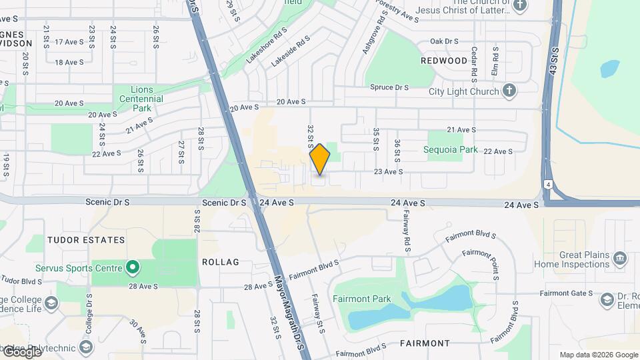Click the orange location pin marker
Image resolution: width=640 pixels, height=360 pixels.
(x=320, y=159)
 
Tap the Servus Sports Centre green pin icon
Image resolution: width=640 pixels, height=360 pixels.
(x=133, y=268)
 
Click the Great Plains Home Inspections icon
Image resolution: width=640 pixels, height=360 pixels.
(x=620, y=258)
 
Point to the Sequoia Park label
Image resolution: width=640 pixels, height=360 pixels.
(x=451, y=150)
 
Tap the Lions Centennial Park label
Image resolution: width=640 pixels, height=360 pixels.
(x=138, y=99)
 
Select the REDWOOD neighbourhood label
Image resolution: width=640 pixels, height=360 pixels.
(x=445, y=61)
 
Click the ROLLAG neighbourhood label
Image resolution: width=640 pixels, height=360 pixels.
(x=220, y=262)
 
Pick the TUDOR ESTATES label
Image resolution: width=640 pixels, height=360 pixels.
(x=86, y=239)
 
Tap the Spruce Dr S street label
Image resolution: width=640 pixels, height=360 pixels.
(x=389, y=87)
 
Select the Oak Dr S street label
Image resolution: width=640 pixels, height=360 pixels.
(x=445, y=41)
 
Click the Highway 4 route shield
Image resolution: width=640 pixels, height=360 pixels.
(x=547, y=183)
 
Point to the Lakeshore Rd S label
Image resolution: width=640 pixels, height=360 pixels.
(x=266, y=45)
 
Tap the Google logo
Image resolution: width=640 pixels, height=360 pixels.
(x=22, y=351)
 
